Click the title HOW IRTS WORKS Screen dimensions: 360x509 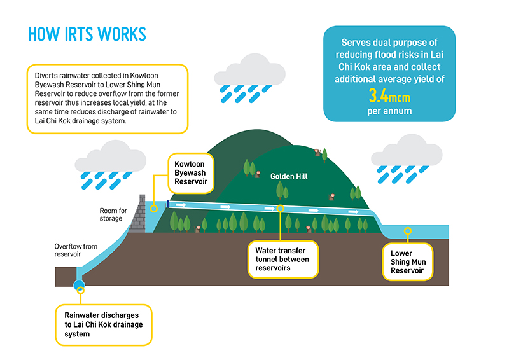pyautogui.click(x=87, y=34)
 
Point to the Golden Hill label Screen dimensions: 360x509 pyautogui.click(x=289, y=176)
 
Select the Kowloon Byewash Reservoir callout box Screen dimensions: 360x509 pyautogui.click(x=192, y=172)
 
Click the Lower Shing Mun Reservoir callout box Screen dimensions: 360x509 pyautogui.click(x=407, y=261)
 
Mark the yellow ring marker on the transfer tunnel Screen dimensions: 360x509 pyautogui.click(x=281, y=208)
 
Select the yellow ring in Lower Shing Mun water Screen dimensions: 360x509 pyautogui.click(x=408, y=232)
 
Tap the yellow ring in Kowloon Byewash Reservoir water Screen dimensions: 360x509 pyautogui.click(x=153, y=208)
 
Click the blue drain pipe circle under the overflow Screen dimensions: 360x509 pyautogui.click(x=80, y=286)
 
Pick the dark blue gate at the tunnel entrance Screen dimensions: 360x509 pyautogui.click(x=167, y=204)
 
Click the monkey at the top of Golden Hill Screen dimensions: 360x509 pyautogui.click(x=316, y=152)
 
